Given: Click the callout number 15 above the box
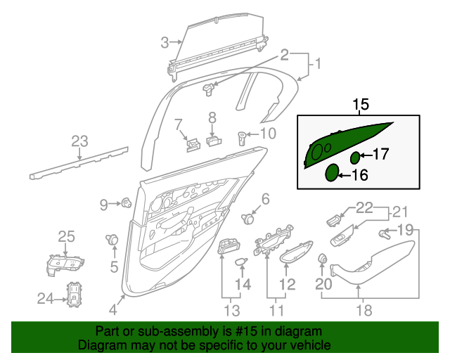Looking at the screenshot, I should point(361,105).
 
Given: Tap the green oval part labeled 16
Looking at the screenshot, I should point(330,174).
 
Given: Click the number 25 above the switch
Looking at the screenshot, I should point(65,236).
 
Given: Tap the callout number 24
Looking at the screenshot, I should point(45,299).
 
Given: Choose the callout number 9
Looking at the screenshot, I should point(103,205).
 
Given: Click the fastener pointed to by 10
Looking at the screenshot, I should point(243,136).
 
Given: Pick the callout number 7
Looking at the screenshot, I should point(179,124).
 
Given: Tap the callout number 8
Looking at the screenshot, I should point(212,117).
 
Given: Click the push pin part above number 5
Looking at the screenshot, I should point(112,240).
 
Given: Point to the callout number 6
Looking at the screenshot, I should point(265,199).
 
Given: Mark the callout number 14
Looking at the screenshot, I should point(243,283).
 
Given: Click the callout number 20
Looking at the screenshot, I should point(323,284).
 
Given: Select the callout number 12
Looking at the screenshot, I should point(288,284).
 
